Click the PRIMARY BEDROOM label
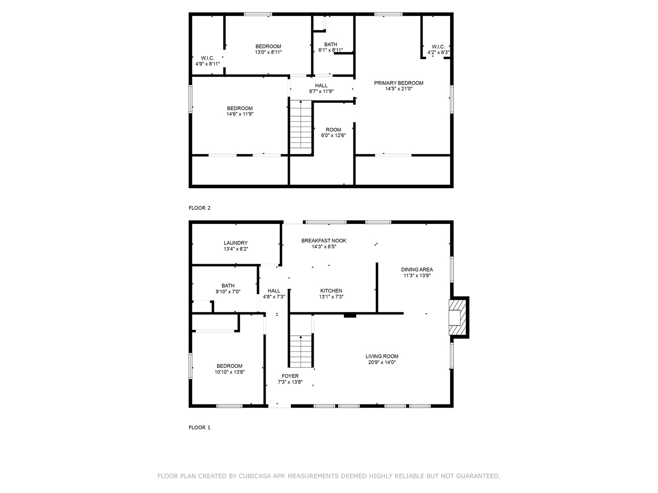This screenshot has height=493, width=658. pyautogui.click(x=399, y=83)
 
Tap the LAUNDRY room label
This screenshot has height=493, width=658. pyautogui.click(x=236, y=243)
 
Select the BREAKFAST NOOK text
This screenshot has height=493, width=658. pyautogui.click(x=324, y=240)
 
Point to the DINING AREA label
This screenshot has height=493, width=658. pyautogui.click(x=417, y=270)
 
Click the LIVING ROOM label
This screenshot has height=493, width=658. pyautogui.click(x=382, y=356)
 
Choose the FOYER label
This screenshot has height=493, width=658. pyautogui.click(x=290, y=376)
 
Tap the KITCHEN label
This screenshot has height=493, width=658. pyautogui.click(x=331, y=290)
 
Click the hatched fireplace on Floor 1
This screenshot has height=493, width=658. pyautogui.click(x=458, y=317)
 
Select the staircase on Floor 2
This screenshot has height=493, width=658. pyautogui.click(x=301, y=124)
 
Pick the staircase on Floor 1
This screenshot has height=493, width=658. pyautogui.click(x=301, y=351)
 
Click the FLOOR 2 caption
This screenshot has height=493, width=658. pyautogui.click(x=199, y=208)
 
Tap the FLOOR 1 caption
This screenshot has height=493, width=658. pyautogui.click(x=199, y=427)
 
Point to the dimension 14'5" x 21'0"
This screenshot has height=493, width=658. pyautogui.click(x=399, y=89)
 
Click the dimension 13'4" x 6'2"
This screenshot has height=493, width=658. pyautogui.click(x=236, y=249)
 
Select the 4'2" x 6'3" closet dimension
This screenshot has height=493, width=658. pyautogui.click(x=438, y=53)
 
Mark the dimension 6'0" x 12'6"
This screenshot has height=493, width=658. pyautogui.click(x=334, y=135)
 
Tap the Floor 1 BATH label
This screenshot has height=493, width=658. pyautogui.click(x=228, y=286)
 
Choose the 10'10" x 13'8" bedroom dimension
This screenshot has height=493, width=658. pyautogui.click(x=229, y=372)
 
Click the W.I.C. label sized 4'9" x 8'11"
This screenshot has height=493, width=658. pyautogui.click(x=207, y=58)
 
